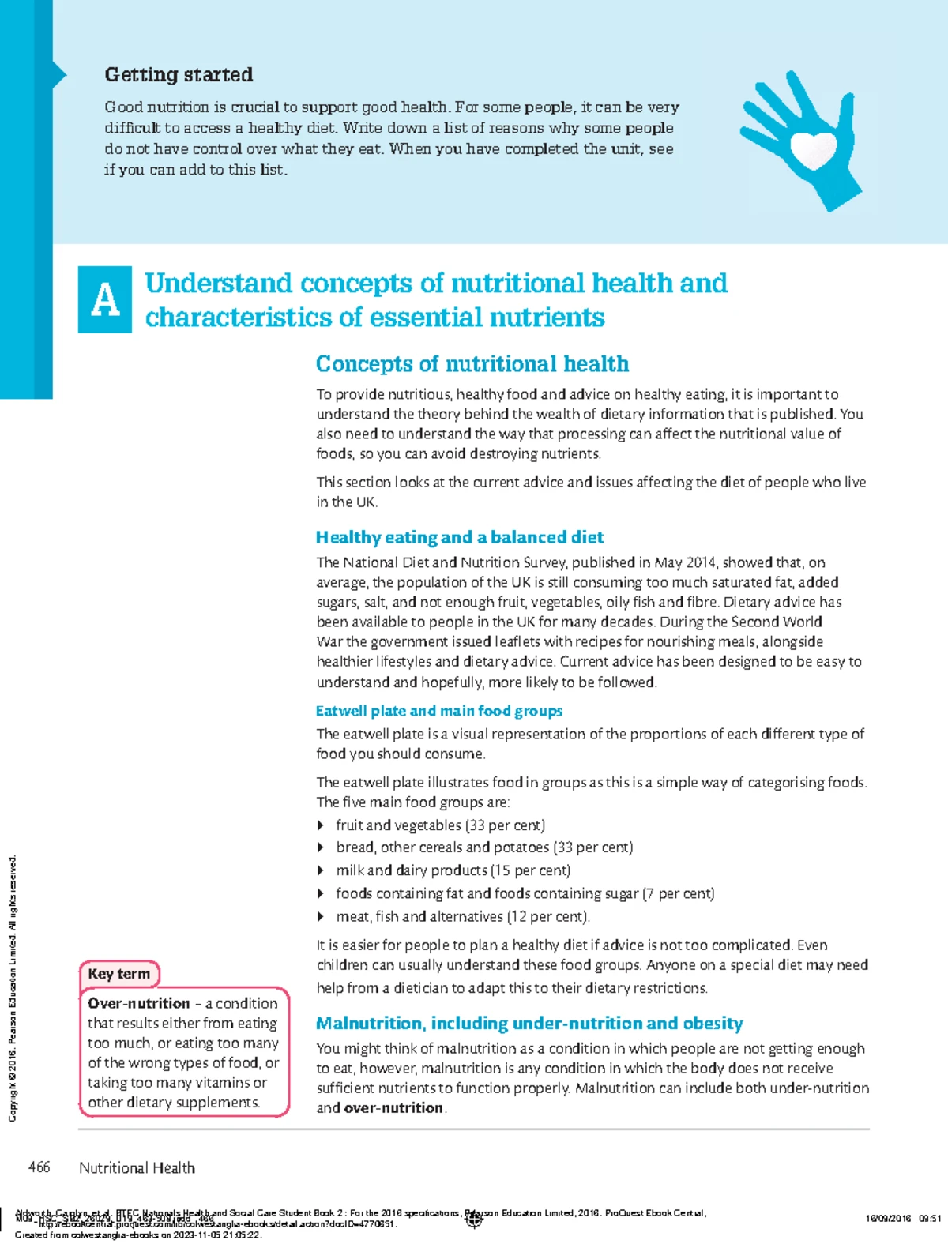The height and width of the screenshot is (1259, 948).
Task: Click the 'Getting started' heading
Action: pyautogui.click(x=179, y=75)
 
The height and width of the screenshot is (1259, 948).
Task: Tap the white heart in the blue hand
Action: pyautogui.click(x=813, y=148)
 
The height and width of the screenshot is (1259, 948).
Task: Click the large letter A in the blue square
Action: pyautogui.click(x=105, y=300)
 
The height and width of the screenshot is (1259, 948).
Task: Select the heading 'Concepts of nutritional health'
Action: pyautogui.click(x=472, y=364)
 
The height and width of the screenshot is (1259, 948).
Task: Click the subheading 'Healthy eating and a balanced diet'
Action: pyautogui.click(x=459, y=538)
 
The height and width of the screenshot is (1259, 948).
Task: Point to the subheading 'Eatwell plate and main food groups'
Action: pyautogui.click(x=438, y=711)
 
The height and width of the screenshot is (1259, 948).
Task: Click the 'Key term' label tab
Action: pyautogui.click(x=119, y=974)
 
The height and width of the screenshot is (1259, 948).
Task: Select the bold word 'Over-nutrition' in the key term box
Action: pyautogui.click(x=139, y=1003)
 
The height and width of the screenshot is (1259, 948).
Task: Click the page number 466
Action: pyautogui.click(x=39, y=1167)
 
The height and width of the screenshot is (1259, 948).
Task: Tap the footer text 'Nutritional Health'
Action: pyautogui.click(x=137, y=1168)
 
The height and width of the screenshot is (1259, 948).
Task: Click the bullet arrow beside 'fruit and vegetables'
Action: pyautogui.click(x=321, y=825)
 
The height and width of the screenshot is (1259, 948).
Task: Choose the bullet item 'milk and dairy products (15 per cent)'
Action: pyautogui.click(x=453, y=870)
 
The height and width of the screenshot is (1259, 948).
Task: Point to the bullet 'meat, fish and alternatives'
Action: pyautogui.click(x=462, y=917)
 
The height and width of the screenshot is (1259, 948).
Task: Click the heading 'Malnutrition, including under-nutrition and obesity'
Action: pyautogui.click(x=529, y=1024)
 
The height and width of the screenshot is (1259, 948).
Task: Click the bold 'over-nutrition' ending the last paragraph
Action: pyautogui.click(x=393, y=1108)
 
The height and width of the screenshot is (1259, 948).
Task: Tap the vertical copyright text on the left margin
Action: pyautogui.click(x=12, y=987)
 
